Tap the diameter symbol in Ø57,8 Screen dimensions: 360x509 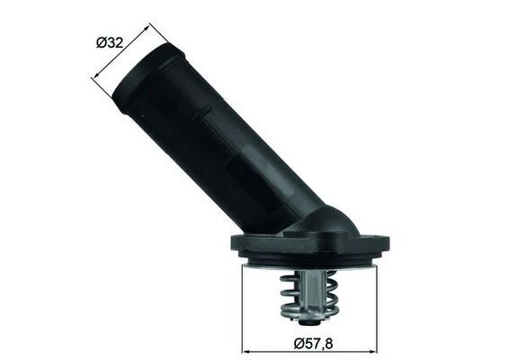click(299, 342)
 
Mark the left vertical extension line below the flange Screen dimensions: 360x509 click(245, 306)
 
